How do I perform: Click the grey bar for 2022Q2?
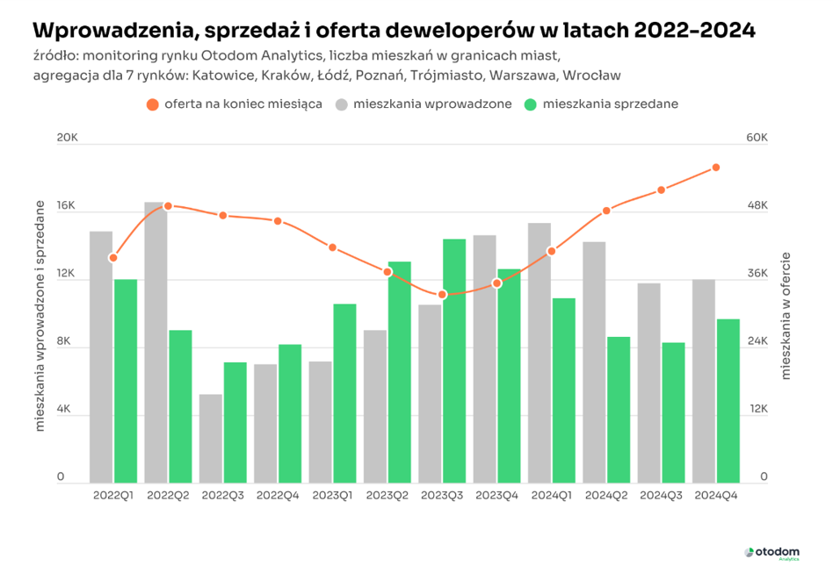pos(156,342)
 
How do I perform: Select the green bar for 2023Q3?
pos(454,361)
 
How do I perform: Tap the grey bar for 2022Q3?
pos(211,438)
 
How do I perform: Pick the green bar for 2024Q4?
pos(728,400)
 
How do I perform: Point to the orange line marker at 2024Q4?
pos(716,168)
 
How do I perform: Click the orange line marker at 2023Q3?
pos(442,294)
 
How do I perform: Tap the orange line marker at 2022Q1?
pos(113,258)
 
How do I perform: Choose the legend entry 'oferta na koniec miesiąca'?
pos(235,104)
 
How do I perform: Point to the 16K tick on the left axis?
pos(67,207)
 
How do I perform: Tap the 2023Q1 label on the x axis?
pos(332,496)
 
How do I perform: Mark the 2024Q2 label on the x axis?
pos(606,496)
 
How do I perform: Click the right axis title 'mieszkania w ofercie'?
pos(786,315)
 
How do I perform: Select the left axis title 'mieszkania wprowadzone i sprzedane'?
pos(40,315)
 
